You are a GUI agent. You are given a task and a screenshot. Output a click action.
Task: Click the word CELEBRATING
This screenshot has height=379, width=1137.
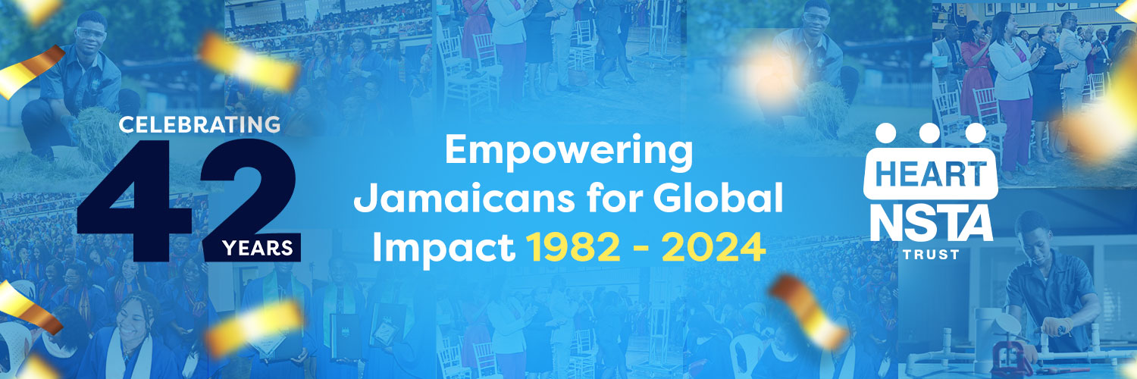199,125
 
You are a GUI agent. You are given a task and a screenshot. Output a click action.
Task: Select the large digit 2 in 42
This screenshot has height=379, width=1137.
249,200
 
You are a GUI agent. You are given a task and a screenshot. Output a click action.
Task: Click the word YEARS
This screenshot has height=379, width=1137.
258,248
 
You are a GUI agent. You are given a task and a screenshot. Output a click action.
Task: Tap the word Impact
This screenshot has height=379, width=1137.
444,248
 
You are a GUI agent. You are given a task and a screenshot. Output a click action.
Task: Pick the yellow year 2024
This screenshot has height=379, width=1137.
713,248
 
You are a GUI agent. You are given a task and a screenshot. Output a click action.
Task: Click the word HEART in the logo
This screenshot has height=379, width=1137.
931,174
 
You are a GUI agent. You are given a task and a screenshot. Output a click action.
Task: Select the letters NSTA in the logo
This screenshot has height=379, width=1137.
932,224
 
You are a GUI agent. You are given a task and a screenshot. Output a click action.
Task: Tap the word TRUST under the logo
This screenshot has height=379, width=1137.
931,255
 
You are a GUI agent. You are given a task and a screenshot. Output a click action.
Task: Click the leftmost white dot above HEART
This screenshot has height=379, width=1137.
886,133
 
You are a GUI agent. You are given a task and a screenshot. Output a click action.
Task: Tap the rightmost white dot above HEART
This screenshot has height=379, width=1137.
975,133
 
